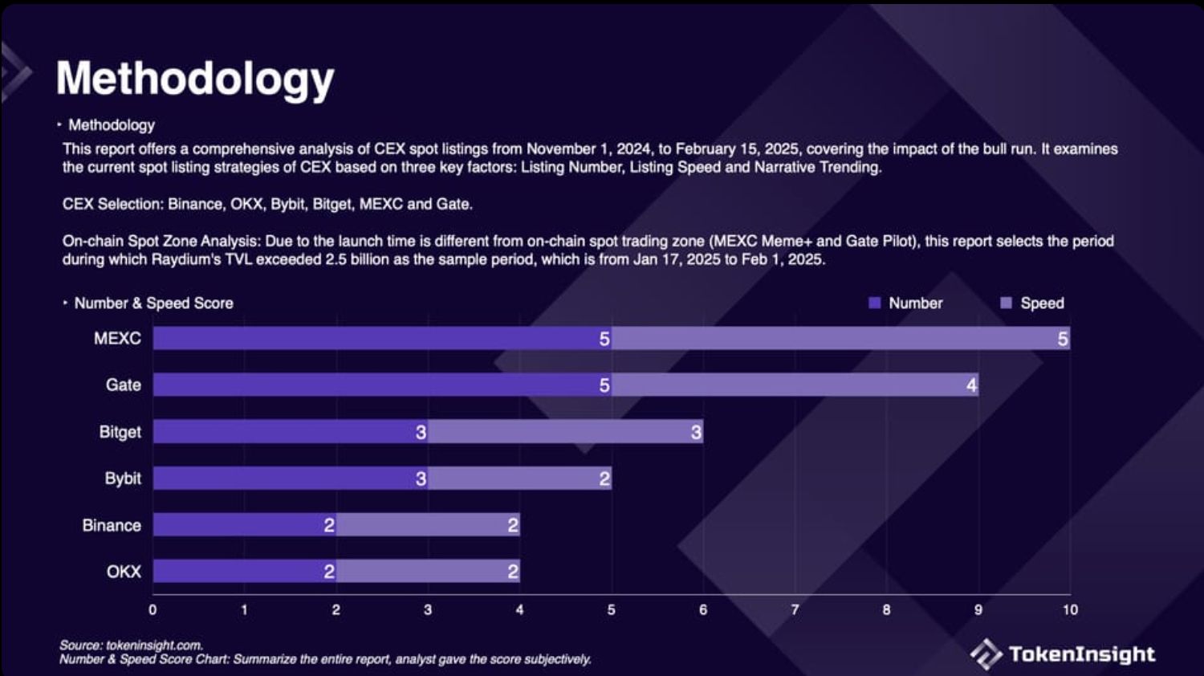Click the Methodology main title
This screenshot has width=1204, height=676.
coord(195,79)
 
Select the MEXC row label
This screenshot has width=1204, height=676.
coord(117,338)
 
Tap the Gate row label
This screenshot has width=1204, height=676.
coord(123,385)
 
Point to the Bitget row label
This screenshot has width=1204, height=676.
coord(120,432)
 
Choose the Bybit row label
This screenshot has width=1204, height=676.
coord(123,478)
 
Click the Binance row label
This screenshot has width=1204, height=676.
coord(112,525)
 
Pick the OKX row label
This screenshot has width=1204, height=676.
coord(124,572)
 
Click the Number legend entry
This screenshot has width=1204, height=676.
coord(906,303)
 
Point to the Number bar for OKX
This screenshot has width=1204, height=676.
coord(241,572)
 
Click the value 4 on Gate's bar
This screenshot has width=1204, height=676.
coord(971,385)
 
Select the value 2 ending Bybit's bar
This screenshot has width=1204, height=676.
coord(604,479)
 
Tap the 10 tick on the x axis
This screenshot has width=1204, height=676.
coord(1070,610)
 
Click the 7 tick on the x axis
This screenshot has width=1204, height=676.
coord(795,610)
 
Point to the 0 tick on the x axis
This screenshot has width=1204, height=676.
coord(153,610)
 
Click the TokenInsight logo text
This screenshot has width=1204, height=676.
coord(1081,654)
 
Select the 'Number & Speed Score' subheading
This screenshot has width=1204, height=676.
coord(153,303)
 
